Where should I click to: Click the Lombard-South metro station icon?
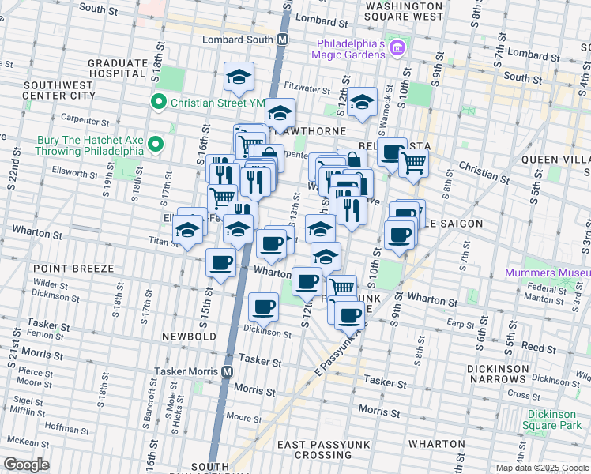[x=282, y=39]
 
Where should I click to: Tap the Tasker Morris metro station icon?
[x=228, y=371]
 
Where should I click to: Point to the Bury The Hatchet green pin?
[x=156, y=144]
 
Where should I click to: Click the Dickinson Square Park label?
[x=555, y=419]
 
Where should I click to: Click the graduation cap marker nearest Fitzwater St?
[x=239, y=77]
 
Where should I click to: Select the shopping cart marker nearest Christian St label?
[x=413, y=164]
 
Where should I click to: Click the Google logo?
[x=26, y=465]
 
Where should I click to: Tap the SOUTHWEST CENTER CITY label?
[x=59, y=90]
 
